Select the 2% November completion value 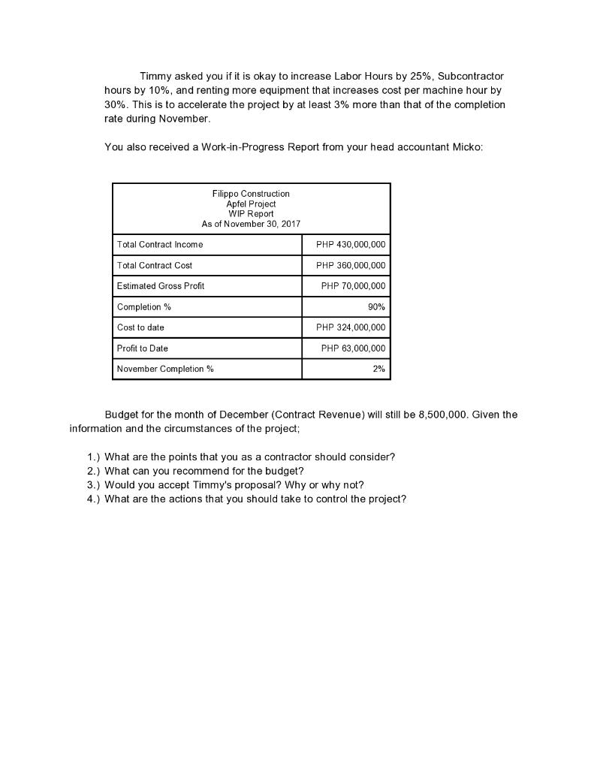pos(378,369)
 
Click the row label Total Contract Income pos(160,245)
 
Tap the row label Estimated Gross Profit pos(161,286)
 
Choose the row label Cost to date pos(140,327)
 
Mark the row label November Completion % pos(165,369)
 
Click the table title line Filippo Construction pos(251,194)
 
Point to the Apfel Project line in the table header pos(251,204)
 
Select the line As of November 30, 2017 pos(251,224)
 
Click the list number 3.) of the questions pos(94,485)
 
